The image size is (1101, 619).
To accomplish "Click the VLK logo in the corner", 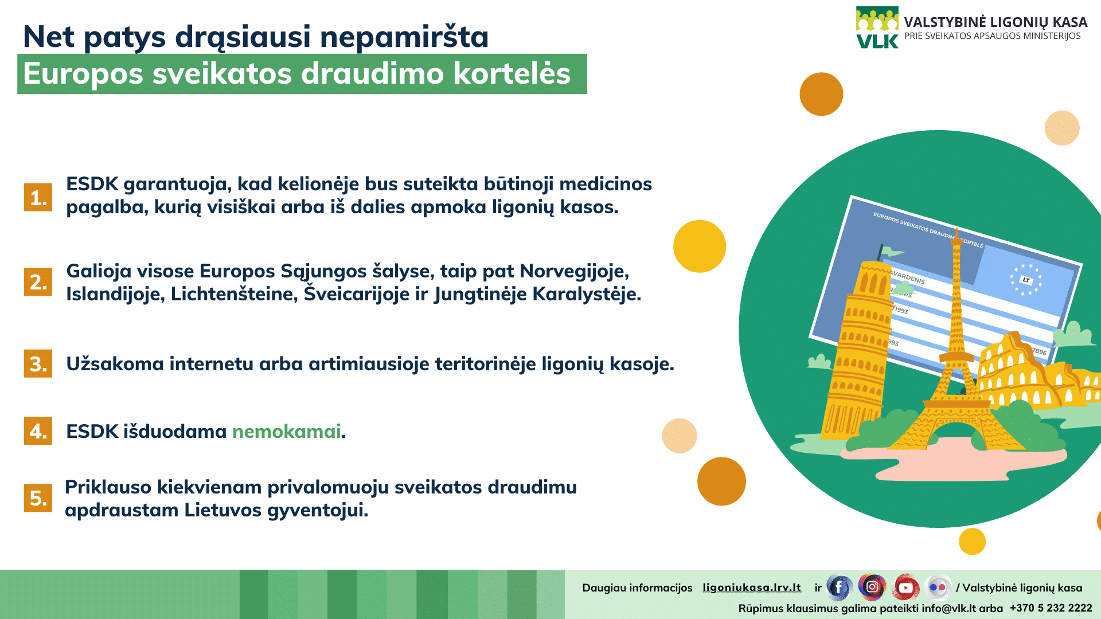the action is [x=877, y=28].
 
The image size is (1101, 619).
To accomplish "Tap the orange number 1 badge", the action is [x=38, y=197].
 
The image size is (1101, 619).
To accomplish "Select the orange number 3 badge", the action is [x=38, y=363].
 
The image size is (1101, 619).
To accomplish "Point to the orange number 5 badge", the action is [x=38, y=497].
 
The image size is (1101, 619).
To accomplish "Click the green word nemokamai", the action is [x=286, y=431].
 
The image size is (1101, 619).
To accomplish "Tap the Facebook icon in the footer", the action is [x=839, y=587].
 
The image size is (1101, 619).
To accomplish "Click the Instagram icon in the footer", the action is [x=872, y=587].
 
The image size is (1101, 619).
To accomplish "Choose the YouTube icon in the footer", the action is [x=906, y=587].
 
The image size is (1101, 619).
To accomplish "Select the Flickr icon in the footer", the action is [x=938, y=587].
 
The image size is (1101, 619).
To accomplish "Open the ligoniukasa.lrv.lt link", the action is [x=752, y=587].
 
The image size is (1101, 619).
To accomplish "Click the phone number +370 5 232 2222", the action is [x=1051, y=608].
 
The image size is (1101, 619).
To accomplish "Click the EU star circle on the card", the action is [x=1026, y=280].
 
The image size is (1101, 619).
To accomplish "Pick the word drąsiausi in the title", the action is [x=243, y=37].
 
